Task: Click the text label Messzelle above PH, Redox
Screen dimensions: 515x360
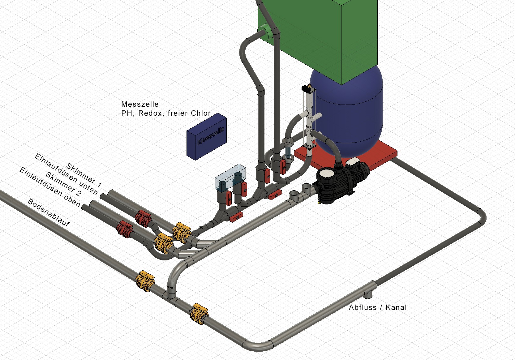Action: (140, 104)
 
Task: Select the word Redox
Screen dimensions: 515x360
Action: (150, 113)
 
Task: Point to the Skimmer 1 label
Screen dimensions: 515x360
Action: (84, 175)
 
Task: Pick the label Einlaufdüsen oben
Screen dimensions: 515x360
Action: (50, 187)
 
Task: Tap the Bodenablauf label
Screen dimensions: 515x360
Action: (49, 212)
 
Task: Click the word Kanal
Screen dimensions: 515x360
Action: (396, 307)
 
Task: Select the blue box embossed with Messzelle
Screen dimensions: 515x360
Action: (206, 137)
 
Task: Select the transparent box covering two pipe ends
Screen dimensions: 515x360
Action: (230, 176)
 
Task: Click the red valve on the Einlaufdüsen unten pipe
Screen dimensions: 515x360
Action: (143, 218)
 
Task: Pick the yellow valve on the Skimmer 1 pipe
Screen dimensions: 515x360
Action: (182, 232)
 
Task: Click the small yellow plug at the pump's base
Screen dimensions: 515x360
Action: (319, 203)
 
